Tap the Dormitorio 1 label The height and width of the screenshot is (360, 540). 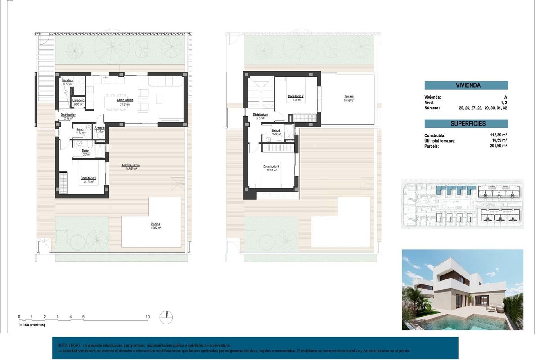(x=88, y=178)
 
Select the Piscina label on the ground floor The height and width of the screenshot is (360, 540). (x=156, y=224)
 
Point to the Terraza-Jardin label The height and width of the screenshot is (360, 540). (x=130, y=165)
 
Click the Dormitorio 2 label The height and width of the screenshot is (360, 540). (x=296, y=96)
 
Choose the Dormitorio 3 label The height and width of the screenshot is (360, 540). (x=271, y=166)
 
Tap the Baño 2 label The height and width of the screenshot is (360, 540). (x=276, y=130)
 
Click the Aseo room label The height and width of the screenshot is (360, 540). (x=81, y=129)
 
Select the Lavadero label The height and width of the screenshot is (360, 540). (x=78, y=100)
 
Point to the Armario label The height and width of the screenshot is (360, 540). (x=99, y=128)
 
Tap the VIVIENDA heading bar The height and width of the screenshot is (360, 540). (x=466, y=85)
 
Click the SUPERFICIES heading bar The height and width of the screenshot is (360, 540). (x=466, y=123)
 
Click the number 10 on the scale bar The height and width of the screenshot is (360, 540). (x=148, y=317)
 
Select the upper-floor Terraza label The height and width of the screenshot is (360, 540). (x=349, y=96)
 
